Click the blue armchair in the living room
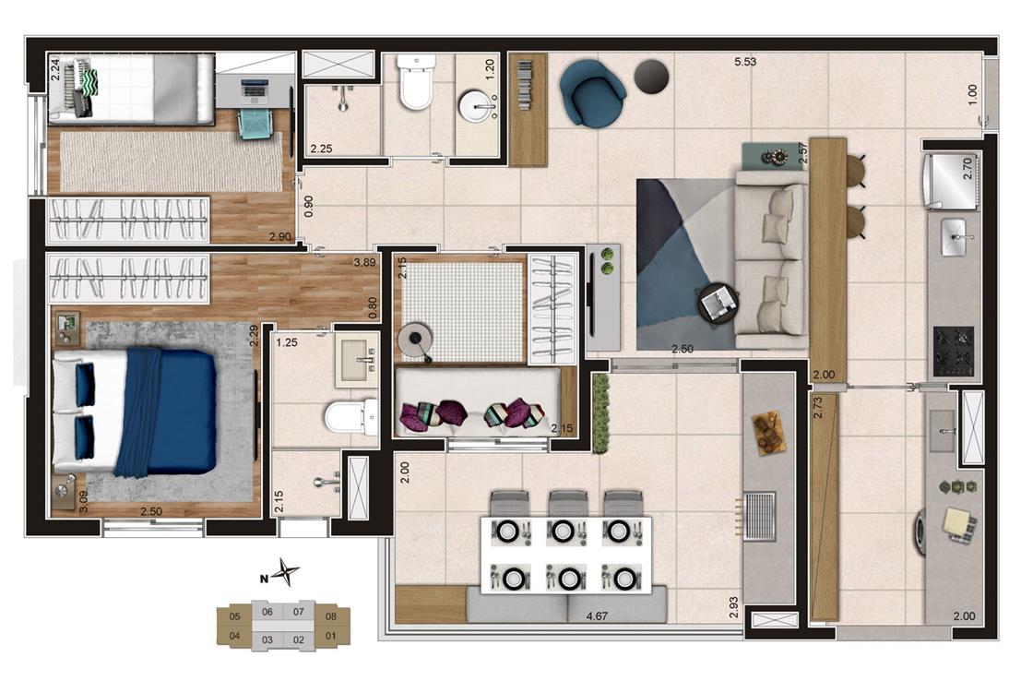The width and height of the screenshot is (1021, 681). (592, 92)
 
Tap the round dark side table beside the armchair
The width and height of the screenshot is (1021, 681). (651, 78)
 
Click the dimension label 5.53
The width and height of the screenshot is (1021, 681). (745, 62)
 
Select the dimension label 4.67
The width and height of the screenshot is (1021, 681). (597, 615)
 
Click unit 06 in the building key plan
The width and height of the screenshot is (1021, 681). (267, 611)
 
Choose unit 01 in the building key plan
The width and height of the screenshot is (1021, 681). (331, 636)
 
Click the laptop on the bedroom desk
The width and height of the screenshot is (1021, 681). (254, 90)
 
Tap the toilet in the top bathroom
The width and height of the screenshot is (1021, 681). (416, 82)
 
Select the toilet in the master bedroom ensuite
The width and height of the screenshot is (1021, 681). (350, 417)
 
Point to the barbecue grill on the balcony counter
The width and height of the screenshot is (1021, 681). (759, 515)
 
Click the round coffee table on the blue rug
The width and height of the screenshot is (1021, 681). (718, 303)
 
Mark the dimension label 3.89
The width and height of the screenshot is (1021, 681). (364, 263)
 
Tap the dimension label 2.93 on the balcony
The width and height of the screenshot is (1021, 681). (734, 606)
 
